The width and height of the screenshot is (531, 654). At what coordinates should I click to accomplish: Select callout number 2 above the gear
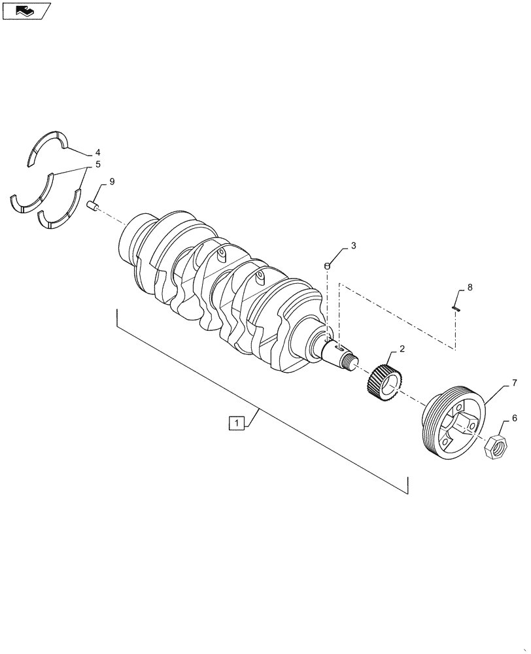pos(402,349)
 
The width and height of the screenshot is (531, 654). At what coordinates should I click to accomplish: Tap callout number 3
pos(353,246)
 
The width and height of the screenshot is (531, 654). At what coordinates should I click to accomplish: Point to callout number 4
pos(97,152)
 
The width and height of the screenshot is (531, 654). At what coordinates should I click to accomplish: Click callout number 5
pos(97,165)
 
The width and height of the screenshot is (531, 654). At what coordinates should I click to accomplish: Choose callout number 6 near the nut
pos(514,418)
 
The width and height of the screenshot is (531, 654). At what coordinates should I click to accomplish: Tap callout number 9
pos(112,181)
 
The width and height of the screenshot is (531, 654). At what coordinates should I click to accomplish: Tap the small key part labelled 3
pos(327,265)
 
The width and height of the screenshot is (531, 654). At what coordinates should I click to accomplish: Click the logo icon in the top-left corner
pos(26,10)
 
